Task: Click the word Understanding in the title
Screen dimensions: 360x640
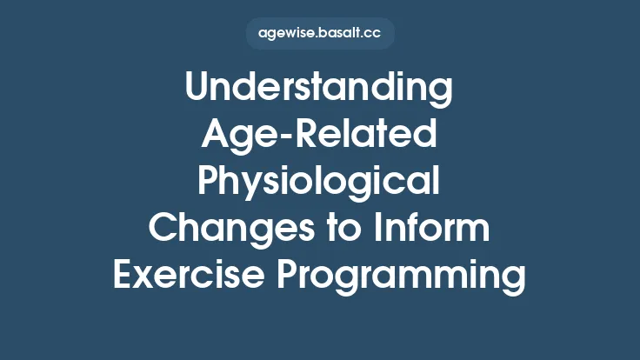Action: coord(320,90)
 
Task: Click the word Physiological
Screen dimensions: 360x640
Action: coord(320,183)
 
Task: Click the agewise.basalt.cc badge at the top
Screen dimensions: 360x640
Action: coord(320,34)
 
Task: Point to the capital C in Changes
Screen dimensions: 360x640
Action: coord(163,229)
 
